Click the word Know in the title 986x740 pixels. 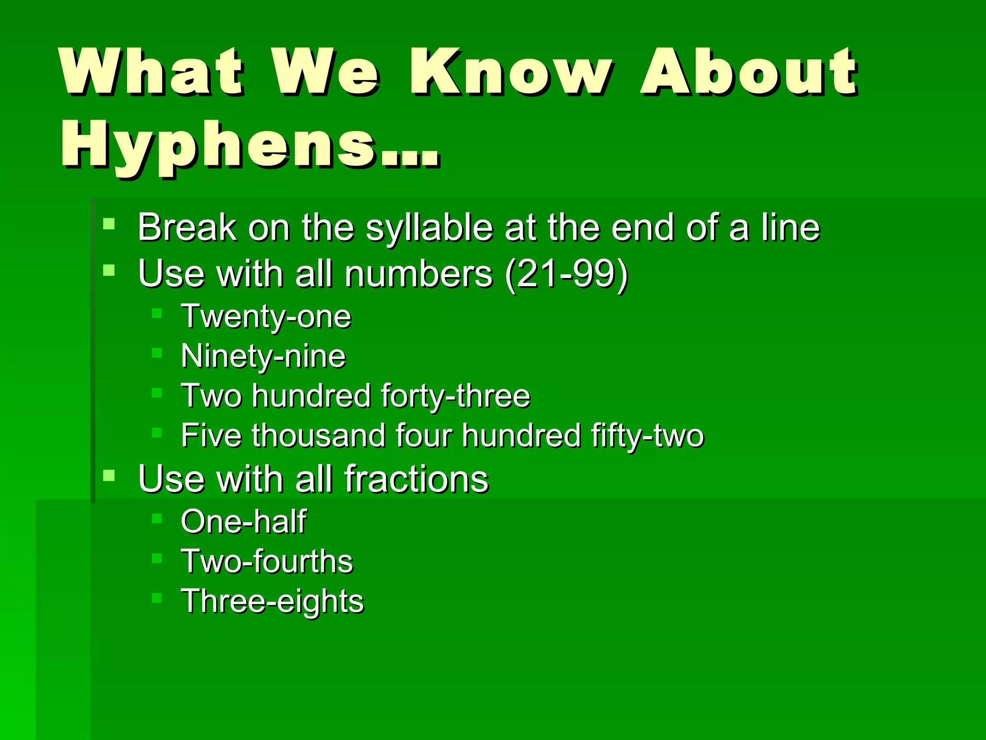[510, 72]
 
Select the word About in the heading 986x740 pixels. [749, 72]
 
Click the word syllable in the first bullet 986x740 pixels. [429, 228]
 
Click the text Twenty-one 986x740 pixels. [266, 317]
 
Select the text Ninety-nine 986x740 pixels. [263, 357]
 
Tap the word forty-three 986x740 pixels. [455, 396]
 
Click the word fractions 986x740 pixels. [416, 479]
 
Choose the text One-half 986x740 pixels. [243, 522]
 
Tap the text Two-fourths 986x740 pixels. [267, 562]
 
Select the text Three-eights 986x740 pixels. [272, 602]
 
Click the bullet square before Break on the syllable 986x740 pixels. [109, 224]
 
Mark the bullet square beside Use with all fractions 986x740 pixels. [109, 476]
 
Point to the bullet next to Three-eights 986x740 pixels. [157, 598]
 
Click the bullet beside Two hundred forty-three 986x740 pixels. [157, 393]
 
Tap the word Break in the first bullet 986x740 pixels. [187, 227]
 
